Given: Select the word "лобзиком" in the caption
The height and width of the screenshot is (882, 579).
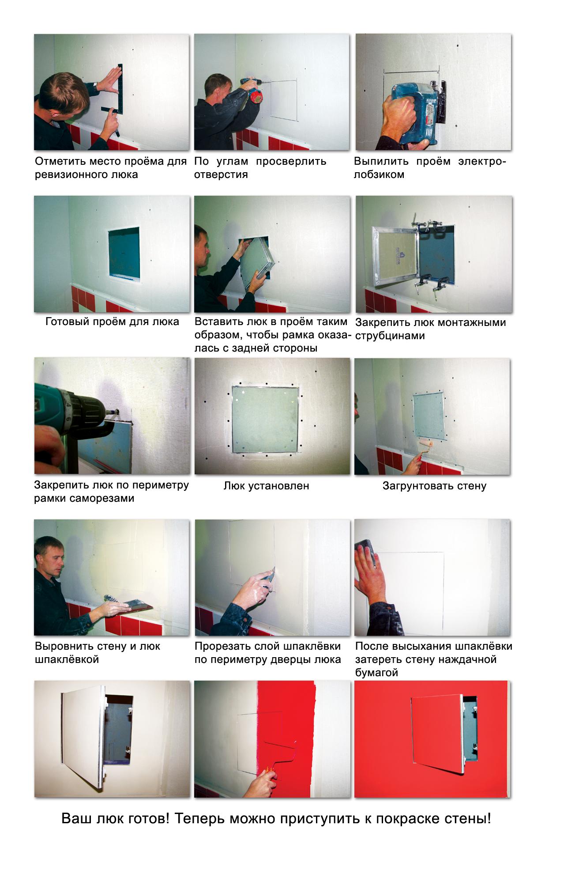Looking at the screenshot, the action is click(379, 174).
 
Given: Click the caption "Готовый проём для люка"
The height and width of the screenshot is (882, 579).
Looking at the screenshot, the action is click(112, 322).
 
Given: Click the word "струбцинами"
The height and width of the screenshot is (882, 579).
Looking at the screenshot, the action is click(383, 336).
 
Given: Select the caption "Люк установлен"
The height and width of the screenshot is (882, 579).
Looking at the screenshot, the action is click(267, 486).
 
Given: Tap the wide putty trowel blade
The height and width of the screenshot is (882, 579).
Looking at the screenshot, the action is click(134, 605).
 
